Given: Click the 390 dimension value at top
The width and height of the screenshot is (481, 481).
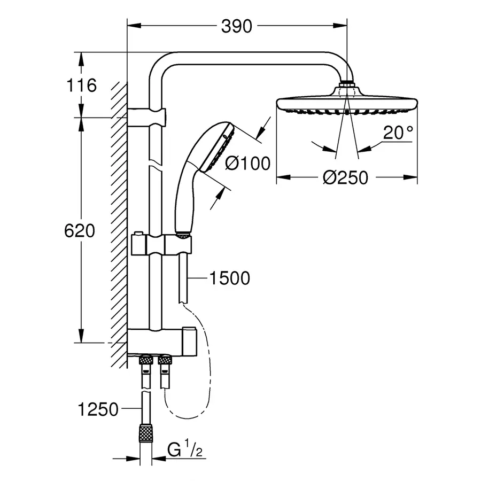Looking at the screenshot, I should click(236, 25).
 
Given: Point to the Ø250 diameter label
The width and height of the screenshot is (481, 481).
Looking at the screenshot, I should click(346, 177).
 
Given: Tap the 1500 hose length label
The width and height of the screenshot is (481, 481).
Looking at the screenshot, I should click(230, 278).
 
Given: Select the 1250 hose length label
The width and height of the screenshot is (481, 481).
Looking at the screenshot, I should click(97, 409).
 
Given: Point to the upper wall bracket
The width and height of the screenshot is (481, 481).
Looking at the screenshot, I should click(147, 114).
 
